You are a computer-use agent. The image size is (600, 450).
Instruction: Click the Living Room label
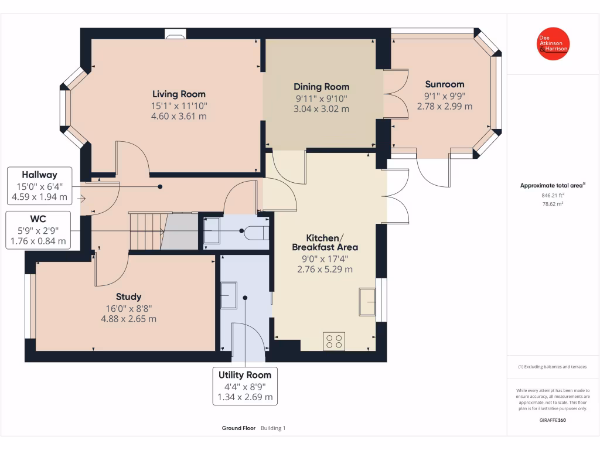(x=179, y=94)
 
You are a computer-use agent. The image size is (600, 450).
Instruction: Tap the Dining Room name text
(x=321, y=87)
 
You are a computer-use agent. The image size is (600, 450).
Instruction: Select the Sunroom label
(x=444, y=84)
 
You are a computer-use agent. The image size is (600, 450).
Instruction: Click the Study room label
(x=128, y=296)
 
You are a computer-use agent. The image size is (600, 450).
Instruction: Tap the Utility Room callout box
(x=245, y=386)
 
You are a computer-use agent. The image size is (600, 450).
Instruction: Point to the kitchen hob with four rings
(x=334, y=342)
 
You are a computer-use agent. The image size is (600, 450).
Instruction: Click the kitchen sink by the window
(x=368, y=302)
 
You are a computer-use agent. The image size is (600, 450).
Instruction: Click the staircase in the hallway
(x=146, y=231)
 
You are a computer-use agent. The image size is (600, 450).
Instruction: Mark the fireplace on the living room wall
(x=175, y=35)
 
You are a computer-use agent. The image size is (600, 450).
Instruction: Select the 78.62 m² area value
(x=553, y=204)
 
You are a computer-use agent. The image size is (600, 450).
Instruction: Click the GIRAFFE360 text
(x=553, y=420)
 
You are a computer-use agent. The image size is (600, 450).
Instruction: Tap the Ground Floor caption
(x=238, y=428)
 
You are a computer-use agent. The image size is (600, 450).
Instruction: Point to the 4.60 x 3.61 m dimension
(x=179, y=116)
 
